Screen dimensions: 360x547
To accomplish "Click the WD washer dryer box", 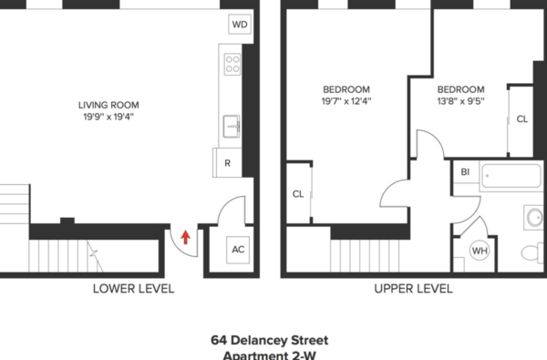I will point(239,25).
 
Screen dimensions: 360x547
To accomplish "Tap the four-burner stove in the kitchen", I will point(232,64).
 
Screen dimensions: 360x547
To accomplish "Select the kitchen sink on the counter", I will point(232,124).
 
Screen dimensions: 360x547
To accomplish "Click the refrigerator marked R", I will point(227,163).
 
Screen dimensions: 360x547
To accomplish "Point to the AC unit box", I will point(239,250).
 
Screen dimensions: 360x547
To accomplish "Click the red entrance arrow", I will point(186,238).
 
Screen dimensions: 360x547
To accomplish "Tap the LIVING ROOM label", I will point(106,105).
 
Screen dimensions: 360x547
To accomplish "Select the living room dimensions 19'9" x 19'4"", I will point(106,118).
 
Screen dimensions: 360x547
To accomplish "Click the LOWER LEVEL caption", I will point(133,289).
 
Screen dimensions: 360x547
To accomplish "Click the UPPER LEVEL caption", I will point(413,289).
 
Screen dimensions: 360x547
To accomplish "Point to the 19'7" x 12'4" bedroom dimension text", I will point(346,101).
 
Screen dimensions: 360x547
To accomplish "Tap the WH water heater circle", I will point(480,251).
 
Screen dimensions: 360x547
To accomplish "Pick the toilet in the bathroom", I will point(530,252).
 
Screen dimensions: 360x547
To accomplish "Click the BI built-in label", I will point(465,171).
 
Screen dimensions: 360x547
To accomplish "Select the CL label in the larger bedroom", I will point(298,193).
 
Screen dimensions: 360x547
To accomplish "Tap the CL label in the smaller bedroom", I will point(521,119).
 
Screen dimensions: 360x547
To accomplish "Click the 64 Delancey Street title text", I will point(270,339).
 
